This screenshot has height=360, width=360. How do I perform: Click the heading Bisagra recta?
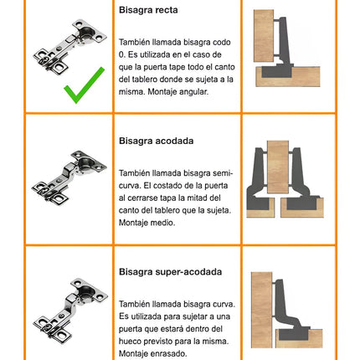148,10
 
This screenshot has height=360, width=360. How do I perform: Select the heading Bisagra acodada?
156,141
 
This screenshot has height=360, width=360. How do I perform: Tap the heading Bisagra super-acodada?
170,272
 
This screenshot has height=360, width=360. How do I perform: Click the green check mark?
84,85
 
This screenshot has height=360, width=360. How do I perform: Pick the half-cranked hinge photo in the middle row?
69,178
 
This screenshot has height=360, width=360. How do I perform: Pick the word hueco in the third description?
131,342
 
